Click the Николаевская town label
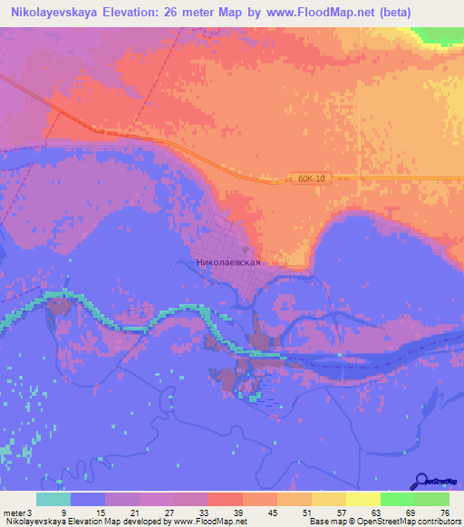point(228,262)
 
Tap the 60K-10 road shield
point(310,179)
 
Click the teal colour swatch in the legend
point(53,500)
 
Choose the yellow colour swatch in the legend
point(363,500)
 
